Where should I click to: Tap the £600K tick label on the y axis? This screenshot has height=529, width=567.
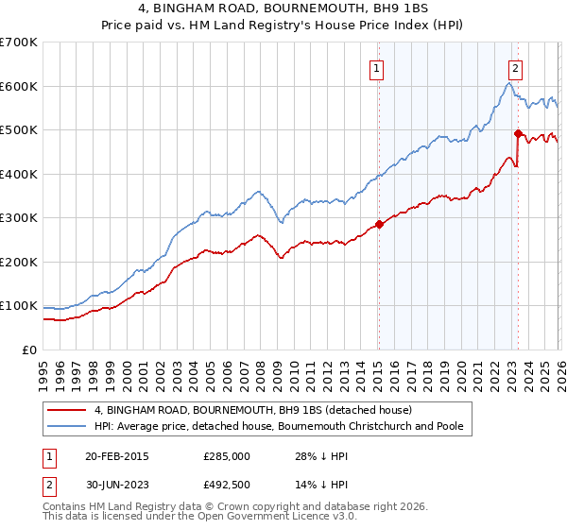coord(18,86)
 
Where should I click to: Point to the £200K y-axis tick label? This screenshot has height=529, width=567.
coord(18,262)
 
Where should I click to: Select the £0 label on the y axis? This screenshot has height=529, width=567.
coord(29,350)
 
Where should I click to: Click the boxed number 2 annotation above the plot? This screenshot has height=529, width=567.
coord(516,67)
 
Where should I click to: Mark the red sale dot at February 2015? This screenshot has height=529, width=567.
coord(379,225)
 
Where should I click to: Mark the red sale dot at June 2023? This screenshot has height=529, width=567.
coord(518,133)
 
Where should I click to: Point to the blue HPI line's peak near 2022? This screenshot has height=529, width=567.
coord(508,84)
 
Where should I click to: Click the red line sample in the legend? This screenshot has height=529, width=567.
coord(66,411)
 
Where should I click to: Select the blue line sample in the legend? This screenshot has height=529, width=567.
coord(66,427)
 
